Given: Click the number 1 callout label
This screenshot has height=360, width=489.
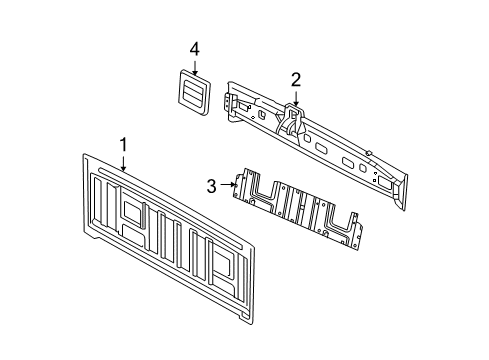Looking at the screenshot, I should click(x=123, y=145).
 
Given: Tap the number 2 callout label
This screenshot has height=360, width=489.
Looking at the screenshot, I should click(x=296, y=79).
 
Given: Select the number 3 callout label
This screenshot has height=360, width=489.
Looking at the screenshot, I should click(x=212, y=184).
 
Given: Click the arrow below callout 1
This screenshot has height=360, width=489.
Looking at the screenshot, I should click(x=123, y=163).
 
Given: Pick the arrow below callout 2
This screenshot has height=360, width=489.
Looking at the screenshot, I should click(x=296, y=98).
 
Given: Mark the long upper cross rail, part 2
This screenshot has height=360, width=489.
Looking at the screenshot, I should click(x=320, y=140).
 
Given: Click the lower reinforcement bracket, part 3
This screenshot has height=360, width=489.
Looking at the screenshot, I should click(x=296, y=207).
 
